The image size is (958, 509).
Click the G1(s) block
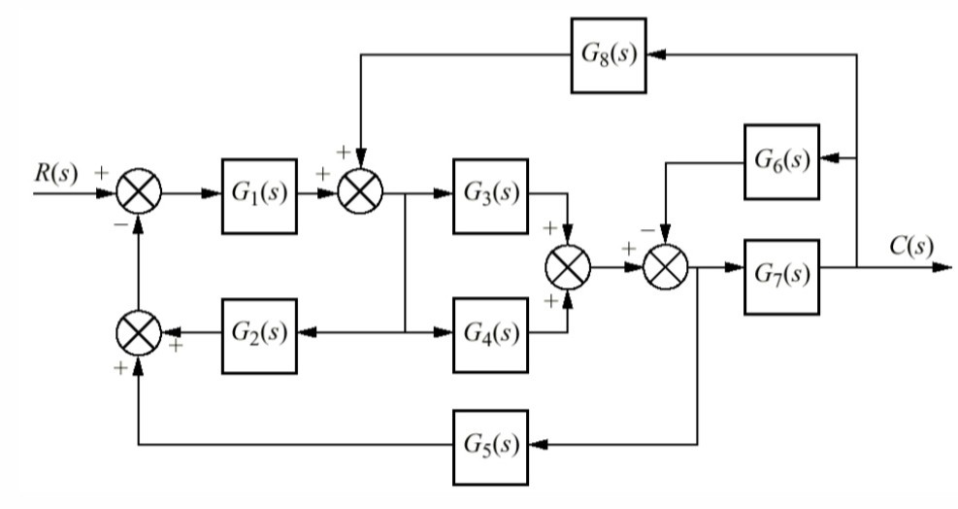pos(258,195)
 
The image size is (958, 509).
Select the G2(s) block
pos(258,333)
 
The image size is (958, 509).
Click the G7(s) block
pos(781,276)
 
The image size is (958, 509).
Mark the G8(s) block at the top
pos(609,55)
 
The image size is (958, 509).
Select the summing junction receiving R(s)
pos(138,195)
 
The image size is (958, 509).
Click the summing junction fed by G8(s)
pos(360,195)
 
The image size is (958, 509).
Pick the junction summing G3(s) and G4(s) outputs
pos(569,265)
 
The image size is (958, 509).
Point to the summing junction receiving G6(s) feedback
pos(665,265)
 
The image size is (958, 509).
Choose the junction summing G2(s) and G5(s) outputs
pos(138,333)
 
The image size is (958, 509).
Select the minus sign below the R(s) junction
pos(118,221)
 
